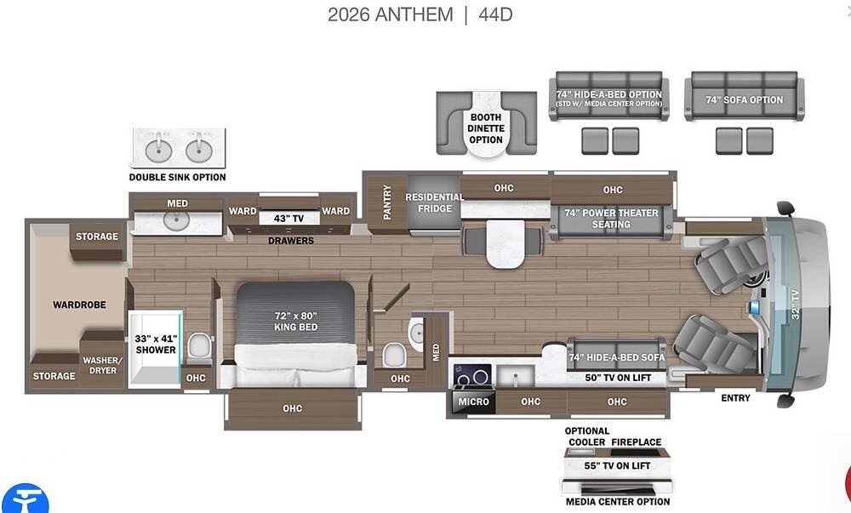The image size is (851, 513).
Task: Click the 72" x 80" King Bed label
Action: (x=296, y=321)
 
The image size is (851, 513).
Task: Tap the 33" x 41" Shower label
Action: (x=156, y=345)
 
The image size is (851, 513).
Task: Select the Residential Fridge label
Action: (x=434, y=202)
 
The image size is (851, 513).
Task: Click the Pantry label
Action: (x=387, y=202)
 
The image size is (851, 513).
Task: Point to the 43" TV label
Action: (x=288, y=218)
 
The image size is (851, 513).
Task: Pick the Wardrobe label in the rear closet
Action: (x=79, y=305)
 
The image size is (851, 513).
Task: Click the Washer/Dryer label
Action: (x=103, y=365)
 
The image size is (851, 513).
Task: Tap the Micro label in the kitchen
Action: (x=473, y=402)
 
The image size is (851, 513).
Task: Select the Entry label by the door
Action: (x=735, y=398)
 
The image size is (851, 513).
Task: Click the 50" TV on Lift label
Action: (x=618, y=378)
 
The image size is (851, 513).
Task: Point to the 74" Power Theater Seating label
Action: (x=611, y=219)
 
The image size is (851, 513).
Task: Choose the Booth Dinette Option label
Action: (x=486, y=128)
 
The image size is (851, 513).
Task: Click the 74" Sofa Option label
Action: (x=744, y=100)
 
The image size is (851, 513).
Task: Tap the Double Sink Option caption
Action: (x=178, y=177)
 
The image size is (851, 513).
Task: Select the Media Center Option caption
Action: (x=618, y=502)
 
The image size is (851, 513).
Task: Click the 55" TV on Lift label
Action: (x=617, y=466)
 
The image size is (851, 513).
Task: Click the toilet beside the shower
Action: (x=200, y=347)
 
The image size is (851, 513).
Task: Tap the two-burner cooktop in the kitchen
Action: (x=472, y=374)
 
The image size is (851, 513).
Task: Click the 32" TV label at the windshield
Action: (x=795, y=305)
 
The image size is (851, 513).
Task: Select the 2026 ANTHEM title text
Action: (x=391, y=14)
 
